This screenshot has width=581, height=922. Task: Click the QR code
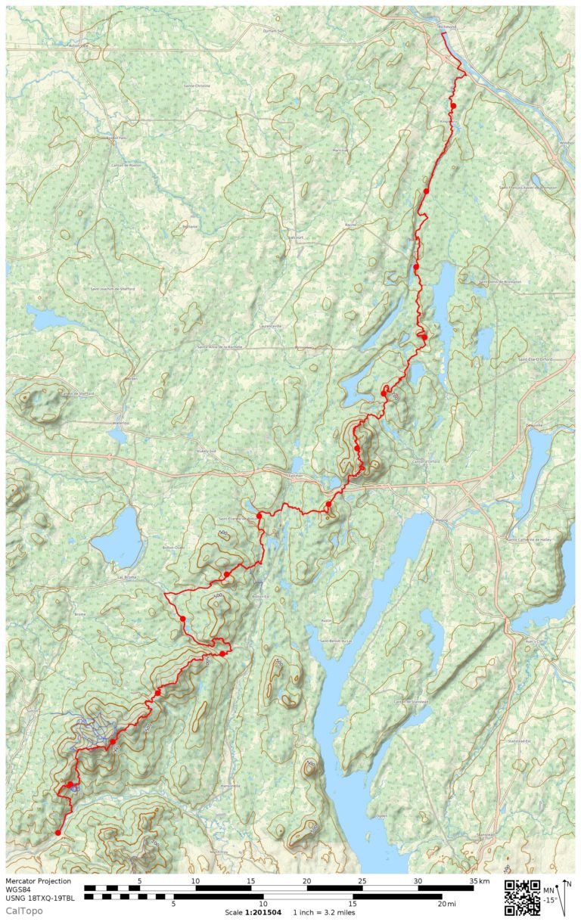pos(521,897)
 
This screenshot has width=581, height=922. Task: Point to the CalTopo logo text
pos(24,910)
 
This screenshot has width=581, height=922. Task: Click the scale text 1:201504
pos(263,912)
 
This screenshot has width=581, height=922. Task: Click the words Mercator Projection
pos(39,880)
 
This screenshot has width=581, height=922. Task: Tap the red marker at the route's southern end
pos(58,833)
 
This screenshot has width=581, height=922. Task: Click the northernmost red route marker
pos(453,106)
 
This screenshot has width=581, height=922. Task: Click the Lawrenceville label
pos(269,325)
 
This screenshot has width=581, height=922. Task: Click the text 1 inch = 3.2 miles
pos(324,912)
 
